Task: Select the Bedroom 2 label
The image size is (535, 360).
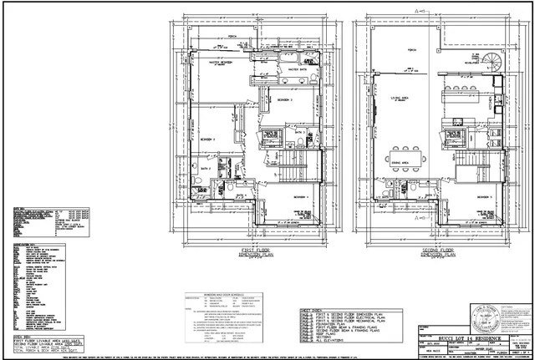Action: point(208,139)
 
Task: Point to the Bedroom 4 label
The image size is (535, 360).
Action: point(302,196)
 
